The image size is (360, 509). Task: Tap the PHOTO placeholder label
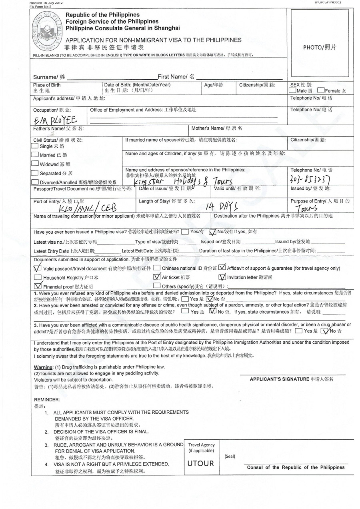(320, 47)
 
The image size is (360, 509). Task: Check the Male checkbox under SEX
(293, 91)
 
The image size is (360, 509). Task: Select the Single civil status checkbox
(35, 146)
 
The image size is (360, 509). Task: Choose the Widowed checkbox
(35, 164)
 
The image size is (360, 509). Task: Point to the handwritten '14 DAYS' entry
(222, 206)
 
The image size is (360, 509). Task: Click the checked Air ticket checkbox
(157, 277)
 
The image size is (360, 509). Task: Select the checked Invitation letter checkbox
(222, 277)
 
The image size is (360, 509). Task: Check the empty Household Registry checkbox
(38, 277)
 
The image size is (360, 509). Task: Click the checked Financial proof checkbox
(38, 286)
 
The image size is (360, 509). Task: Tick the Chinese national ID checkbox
(157, 268)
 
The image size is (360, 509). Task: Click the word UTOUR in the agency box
(201, 463)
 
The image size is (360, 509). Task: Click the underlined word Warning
(43, 367)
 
